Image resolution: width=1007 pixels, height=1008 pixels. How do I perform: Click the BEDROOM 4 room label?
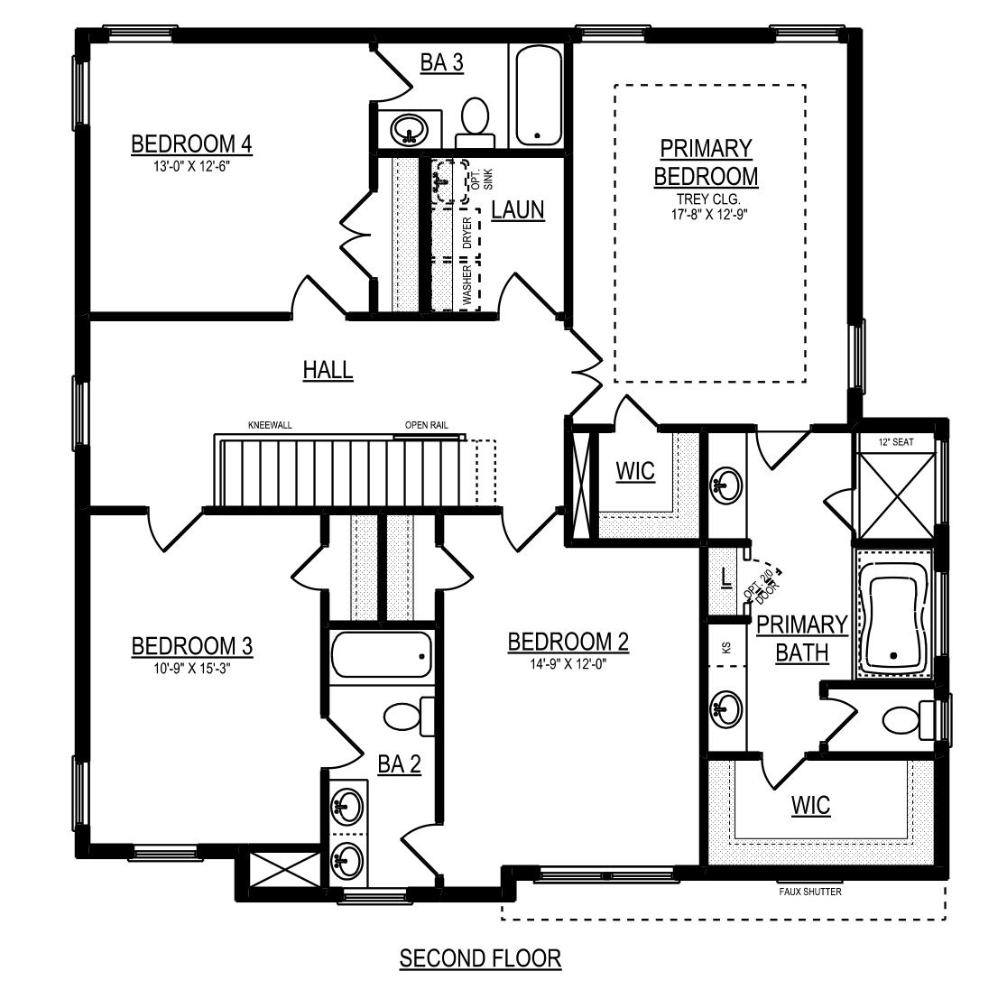(191, 143)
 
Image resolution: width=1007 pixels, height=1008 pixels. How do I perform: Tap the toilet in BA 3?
(475, 124)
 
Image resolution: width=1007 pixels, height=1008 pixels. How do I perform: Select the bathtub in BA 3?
(539, 95)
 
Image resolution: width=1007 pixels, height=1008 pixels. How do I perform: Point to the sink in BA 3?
(409, 128)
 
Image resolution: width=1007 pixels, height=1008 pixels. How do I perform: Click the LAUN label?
(518, 210)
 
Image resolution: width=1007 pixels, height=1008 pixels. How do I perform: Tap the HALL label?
(328, 370)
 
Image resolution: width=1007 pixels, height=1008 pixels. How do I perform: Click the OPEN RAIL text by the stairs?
(427, 425)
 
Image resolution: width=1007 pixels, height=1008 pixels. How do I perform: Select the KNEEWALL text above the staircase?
(270, 425)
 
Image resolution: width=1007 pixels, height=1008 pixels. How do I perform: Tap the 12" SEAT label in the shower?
(896, 441)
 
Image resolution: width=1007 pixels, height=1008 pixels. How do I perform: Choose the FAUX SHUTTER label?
(809, 892)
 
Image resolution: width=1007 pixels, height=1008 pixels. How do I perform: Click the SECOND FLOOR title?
(480, 958)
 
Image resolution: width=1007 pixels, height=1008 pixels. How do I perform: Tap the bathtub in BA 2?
(381, 653)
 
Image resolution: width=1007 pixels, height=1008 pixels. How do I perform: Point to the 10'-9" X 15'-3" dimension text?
(191, 668)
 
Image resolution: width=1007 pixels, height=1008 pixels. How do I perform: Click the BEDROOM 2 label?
(568, 643)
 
